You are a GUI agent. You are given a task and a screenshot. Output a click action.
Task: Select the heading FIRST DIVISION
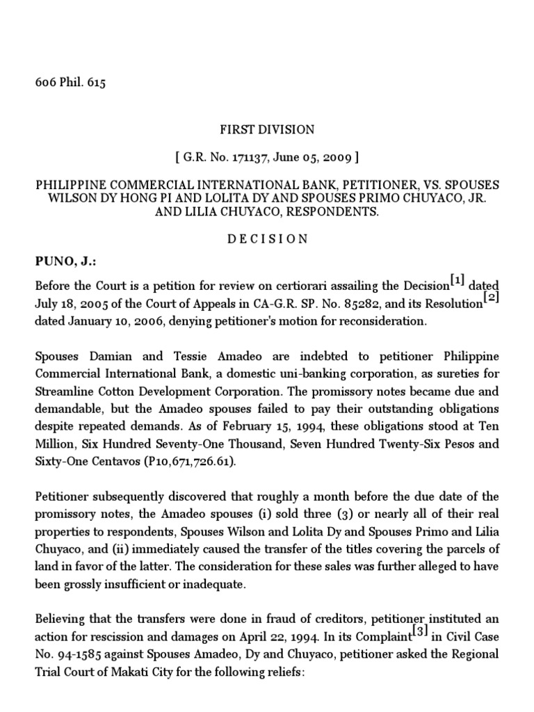(267, 129)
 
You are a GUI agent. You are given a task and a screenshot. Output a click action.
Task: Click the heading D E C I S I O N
(267, 238)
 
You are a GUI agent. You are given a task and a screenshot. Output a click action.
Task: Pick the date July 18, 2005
(69, 304)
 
